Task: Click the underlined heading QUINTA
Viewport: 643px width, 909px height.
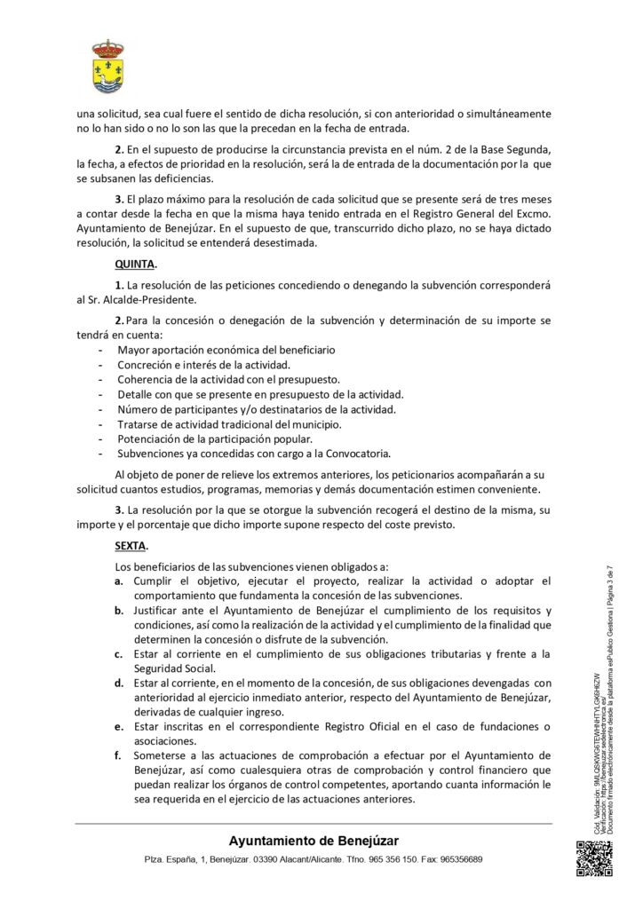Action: tap(136, 265)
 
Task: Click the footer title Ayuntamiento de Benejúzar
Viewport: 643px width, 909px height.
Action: tap(314, 841)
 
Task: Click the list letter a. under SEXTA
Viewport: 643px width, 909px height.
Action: tap(119, 581)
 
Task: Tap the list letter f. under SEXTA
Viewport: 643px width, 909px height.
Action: tap(119, 755)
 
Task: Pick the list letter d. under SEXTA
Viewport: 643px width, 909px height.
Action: tap(119, 682)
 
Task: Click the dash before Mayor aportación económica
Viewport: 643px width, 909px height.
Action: tap(100, 352)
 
